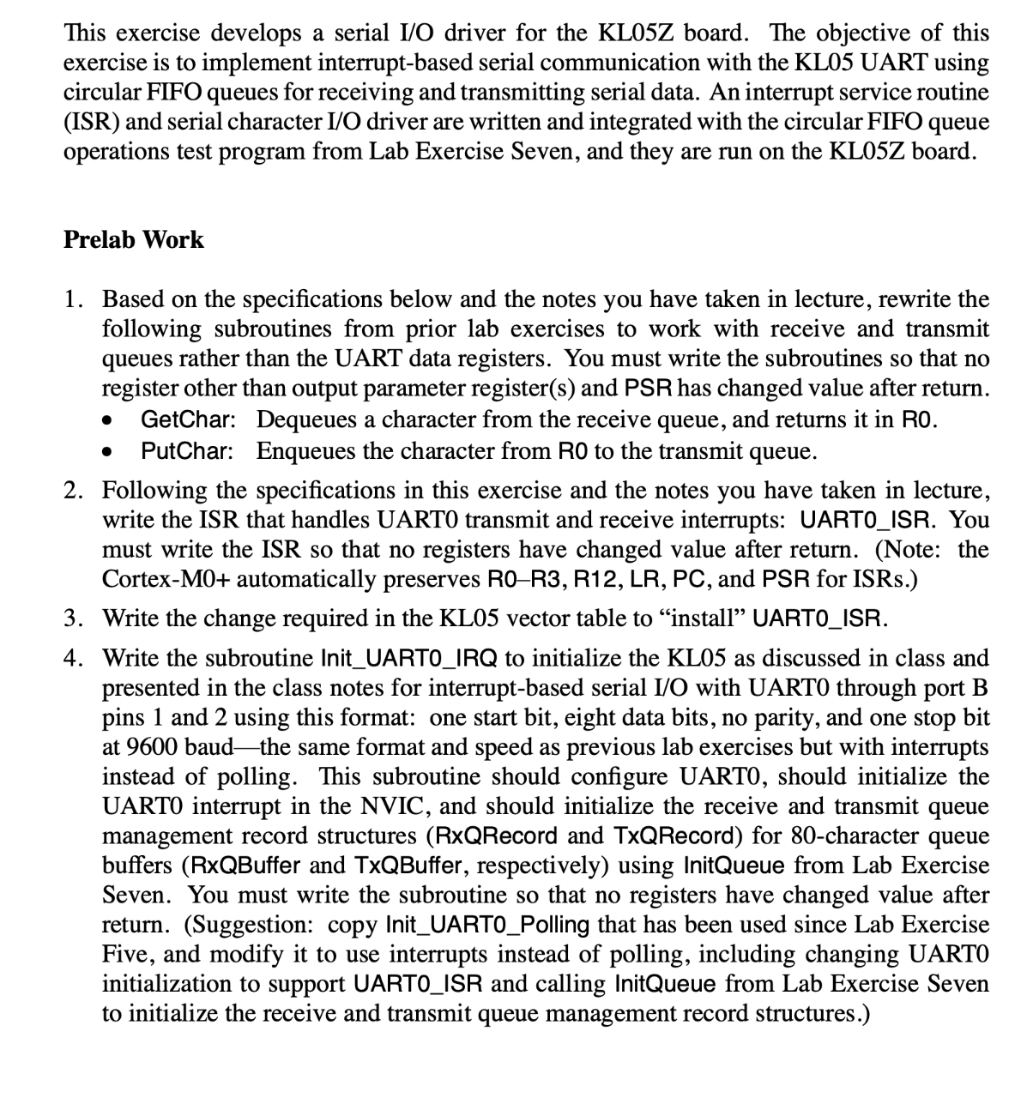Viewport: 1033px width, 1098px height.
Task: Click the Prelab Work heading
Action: (x=134, y=239)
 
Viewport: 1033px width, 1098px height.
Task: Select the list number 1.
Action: (x=73, y=299)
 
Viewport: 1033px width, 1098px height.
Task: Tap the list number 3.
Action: (x=73, y=618)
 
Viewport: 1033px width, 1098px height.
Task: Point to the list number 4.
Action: (x=73, y=658)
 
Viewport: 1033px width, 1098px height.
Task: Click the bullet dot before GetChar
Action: (x=107, y=421)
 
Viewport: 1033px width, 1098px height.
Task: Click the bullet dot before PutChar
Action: (x=107, y=451)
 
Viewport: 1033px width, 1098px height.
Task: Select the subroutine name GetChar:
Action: (x=188, y=419)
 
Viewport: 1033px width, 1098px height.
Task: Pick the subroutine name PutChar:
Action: (x=187, y=450)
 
